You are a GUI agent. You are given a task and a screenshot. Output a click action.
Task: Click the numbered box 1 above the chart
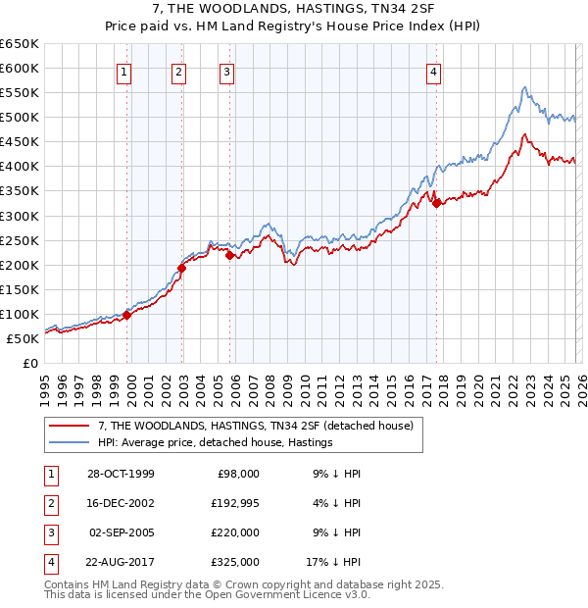(126, 71)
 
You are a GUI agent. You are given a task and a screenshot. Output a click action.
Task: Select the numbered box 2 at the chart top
(179, 71)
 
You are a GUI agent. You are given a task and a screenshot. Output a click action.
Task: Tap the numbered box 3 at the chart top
(226, 71)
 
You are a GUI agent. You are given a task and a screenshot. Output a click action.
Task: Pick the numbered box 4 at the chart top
(433, 71)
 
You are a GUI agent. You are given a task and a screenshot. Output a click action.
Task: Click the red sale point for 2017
(436, 203)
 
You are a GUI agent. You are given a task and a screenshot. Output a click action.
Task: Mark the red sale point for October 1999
(126, 315)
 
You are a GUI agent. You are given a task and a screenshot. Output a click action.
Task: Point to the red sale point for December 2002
(181, 268)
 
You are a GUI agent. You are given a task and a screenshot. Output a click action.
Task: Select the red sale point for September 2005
(228, 255)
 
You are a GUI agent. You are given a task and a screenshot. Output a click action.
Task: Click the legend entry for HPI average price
(216, 443)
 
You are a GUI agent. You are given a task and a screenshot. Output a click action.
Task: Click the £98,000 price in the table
(238, 474)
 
